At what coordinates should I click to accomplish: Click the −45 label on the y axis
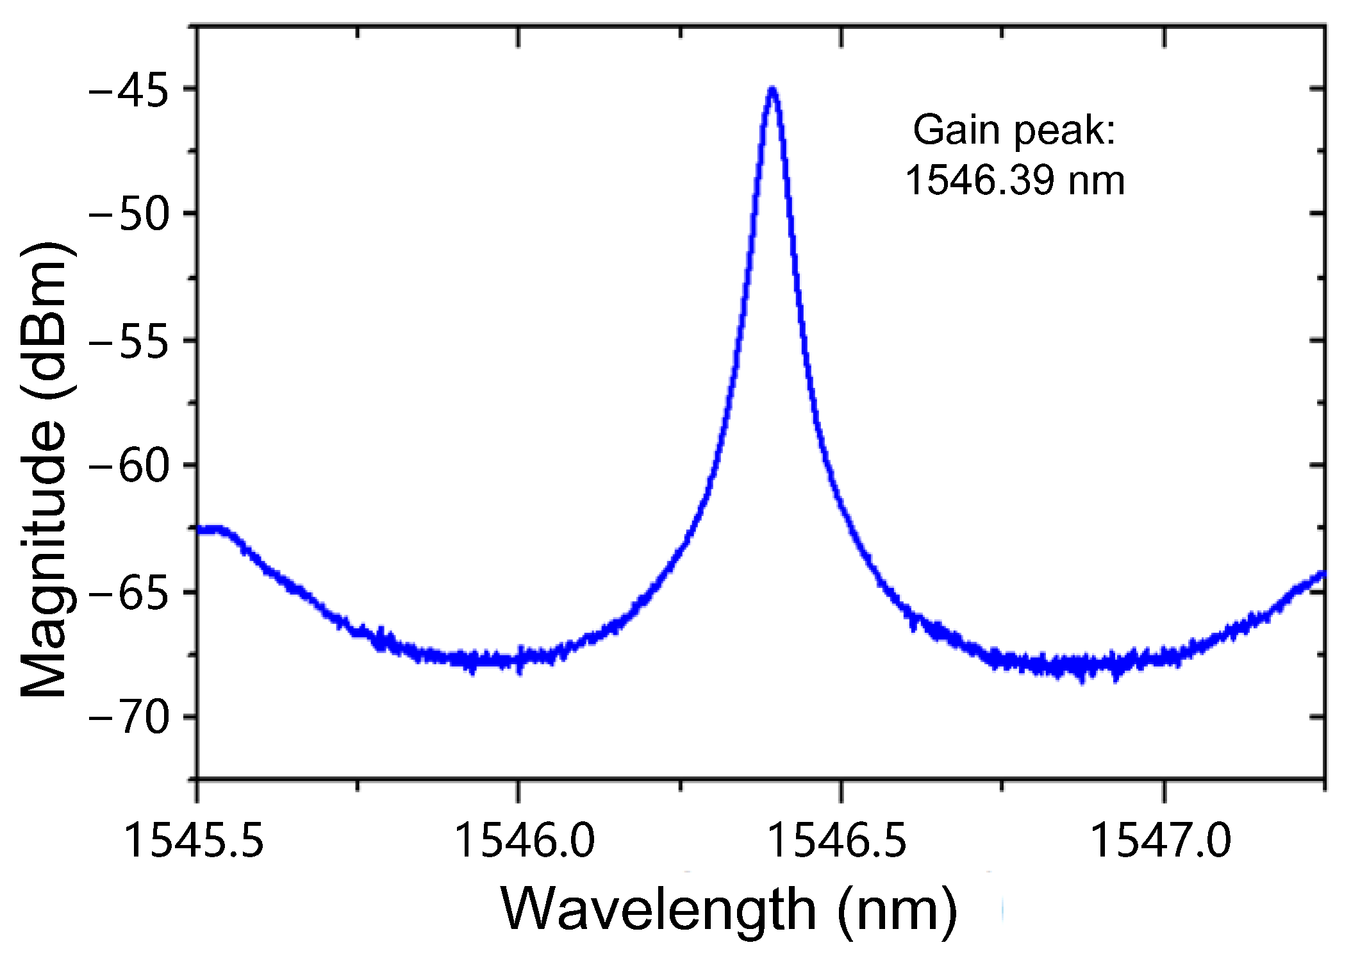(128, 90)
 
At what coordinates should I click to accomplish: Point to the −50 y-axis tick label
(128, 215)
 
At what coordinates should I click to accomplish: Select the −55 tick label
(128, 341)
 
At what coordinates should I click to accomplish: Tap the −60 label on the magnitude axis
(128, 466)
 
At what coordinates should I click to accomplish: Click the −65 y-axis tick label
(128, 593)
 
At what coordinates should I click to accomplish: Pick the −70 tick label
(128, 718)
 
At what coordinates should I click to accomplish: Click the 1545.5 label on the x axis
(193, 841)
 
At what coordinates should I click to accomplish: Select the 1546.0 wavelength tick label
(524, 841)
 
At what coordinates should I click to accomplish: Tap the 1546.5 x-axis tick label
(836, 841)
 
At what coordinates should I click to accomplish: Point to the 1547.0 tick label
(1160, 841)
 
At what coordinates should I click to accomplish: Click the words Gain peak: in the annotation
(1014, 130)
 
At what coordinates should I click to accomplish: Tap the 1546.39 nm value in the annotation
(1014, 180)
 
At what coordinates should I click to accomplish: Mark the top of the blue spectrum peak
(772, 90)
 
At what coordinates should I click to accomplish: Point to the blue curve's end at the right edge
(1323, 574)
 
